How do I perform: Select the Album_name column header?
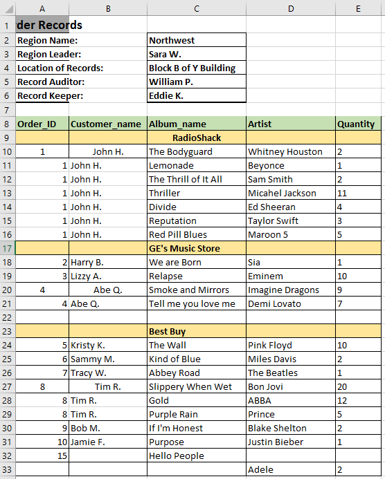click(x=177, y=124)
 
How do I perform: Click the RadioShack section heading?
click(x=197, y=138)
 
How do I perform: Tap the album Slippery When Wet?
click(x=190, y=386)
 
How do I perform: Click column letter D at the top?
click(x=291, y=8)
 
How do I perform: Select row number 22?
click(x=7, y=317)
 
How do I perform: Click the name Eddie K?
click(x=166, y=96)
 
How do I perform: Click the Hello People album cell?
click(x=176, y=455)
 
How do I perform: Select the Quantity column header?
click(x=356, y=124)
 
